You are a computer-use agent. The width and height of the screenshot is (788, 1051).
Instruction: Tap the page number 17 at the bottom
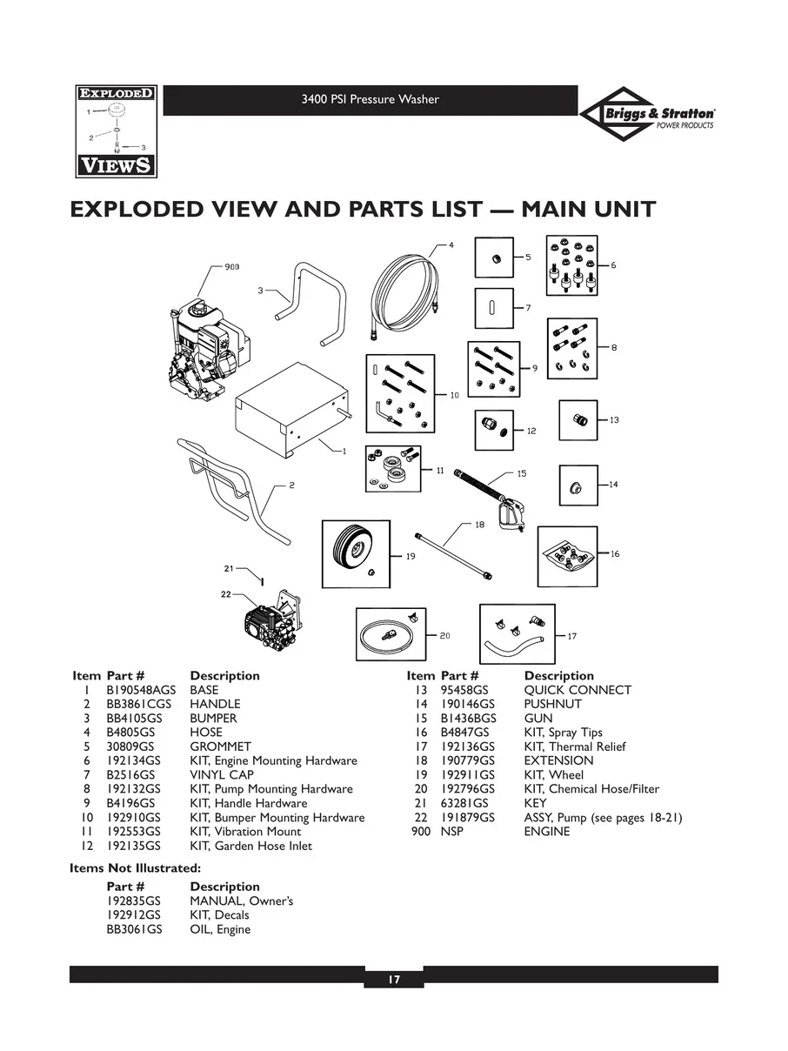(x=393, y=981)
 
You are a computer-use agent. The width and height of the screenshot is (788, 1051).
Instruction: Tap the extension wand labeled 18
(x=455, y=552)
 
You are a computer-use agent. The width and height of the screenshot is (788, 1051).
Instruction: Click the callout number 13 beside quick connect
(x=614, y=420)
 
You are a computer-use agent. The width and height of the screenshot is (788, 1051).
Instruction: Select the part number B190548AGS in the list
(x=141, y=690)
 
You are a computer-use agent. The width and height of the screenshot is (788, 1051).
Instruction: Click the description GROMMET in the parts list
(x=220, y=746)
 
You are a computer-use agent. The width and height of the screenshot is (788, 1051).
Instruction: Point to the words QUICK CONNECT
(x=578, y=690)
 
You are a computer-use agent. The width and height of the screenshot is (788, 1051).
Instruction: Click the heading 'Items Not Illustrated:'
(x=135, y=867)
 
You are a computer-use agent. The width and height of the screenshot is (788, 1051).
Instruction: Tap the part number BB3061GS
(x=135, y=929)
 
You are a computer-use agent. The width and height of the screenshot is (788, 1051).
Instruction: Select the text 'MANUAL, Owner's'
(x=241, y=900)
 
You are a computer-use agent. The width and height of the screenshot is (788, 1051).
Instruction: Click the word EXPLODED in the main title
(x=148, y=210)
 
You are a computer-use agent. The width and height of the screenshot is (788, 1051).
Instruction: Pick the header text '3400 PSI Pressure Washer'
(x=370, y=99)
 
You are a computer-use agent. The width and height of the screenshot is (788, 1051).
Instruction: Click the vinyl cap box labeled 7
(x=493, y=309)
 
